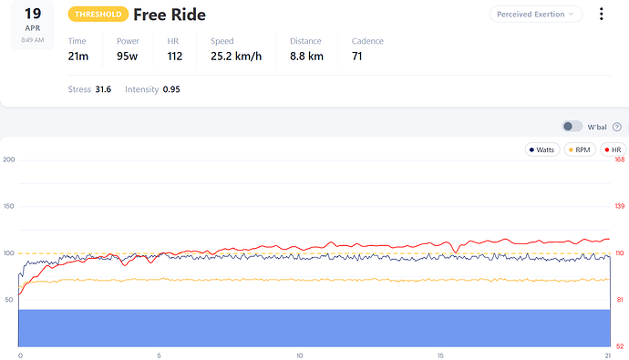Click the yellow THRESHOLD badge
click(x=98, y=15)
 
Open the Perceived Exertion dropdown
click(x=536, y=15)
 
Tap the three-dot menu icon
click(x=601, y=14)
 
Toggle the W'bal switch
click(x=572, y=127)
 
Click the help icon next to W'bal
click(x=617, y=127)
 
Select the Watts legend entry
click(x=542, y=150)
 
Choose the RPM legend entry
click(x=580, y=150)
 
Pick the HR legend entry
click(x=614, y=150)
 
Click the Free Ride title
click(x=170, y=15)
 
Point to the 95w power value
click(x=127, y=57)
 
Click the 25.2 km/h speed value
click(x=236, y=57)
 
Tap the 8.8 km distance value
click(x=306, y=57)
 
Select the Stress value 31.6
click(x=103, y=89)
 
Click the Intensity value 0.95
click(x=171, y=89)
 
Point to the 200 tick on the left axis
click(x=9, y=159)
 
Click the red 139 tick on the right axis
click(x=620, y=206)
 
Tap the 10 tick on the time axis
click(x=300, y=355)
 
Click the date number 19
click(x=33, y=14)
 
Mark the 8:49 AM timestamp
click(x=33, y=40)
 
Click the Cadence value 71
click(x=357, y=57)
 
